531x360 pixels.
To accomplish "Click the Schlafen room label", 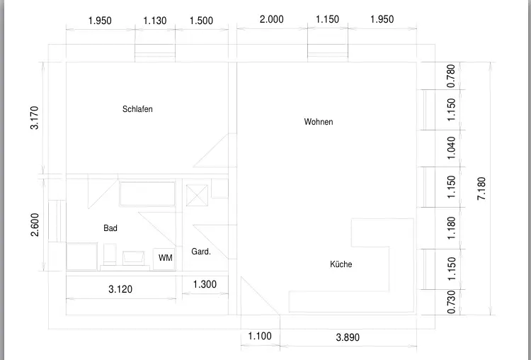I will [137, 109].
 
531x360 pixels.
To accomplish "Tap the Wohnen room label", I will [319, 122].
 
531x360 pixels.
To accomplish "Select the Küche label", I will [341, 264].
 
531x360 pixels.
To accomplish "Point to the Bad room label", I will [110, 228].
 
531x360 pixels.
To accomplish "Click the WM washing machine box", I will [165, 258].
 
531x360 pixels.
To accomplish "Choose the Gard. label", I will [201, 252].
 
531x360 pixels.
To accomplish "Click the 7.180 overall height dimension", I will [481, 189].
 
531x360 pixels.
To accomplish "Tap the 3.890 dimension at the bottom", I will [347, 337].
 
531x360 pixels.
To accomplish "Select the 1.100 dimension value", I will [260, 337].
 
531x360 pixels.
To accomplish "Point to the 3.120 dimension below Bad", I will [120, 289].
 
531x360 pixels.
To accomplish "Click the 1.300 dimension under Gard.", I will [205, 285].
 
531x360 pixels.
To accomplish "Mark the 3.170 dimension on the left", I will [35, 118].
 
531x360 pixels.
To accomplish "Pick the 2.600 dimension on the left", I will [35, 225].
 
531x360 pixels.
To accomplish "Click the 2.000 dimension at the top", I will [271, 20].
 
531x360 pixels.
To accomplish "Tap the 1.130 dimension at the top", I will [155, 21].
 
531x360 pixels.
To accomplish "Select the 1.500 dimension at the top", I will [201, 21].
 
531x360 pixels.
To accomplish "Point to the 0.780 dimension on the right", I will [452, 76].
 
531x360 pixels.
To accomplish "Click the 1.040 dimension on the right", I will [452, 147].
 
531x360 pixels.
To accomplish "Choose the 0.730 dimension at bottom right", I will [452, 301].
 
